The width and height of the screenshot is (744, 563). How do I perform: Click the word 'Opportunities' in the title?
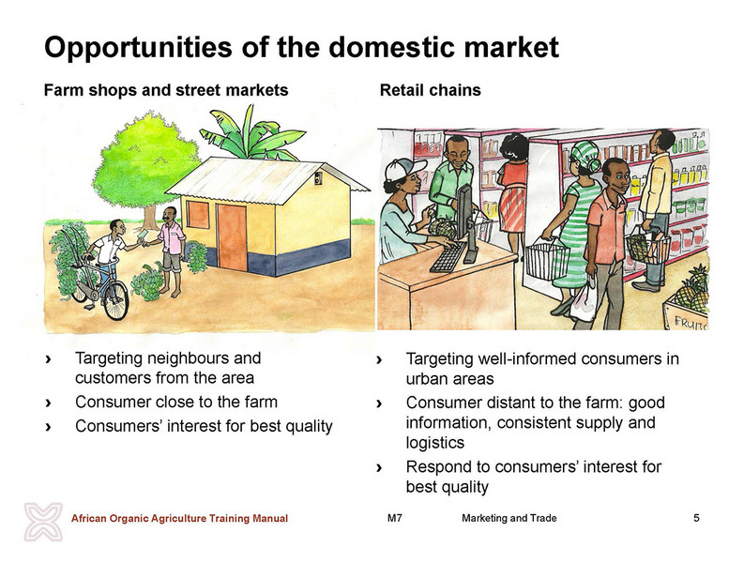point(138,48)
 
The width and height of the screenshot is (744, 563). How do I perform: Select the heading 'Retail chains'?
point(430,90)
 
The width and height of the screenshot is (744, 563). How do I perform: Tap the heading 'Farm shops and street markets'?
point(166,90)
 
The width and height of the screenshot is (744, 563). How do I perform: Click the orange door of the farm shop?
point(232,236)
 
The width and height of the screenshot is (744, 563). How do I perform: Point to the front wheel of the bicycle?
point(115,300)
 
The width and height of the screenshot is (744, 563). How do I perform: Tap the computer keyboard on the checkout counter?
point(447,257)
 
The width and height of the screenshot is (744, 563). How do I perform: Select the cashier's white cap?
point(403,168)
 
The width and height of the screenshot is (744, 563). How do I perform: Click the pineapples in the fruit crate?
point(692,290)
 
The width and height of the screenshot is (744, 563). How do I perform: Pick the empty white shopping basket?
point(547,261)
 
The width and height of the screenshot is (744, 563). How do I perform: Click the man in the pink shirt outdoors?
point(171,251)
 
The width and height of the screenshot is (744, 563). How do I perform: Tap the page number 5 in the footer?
point(696,518)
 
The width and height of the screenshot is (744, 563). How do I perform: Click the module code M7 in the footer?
point(394,518)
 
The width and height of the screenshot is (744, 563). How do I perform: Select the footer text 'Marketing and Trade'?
point(509,518)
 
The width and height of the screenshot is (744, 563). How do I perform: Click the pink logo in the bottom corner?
point(43,521)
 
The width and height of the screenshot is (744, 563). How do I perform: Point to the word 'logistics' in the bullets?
point(434,443)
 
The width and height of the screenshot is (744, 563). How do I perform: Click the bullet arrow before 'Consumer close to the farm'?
point(48,403)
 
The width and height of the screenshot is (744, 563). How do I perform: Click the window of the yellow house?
point(197,214)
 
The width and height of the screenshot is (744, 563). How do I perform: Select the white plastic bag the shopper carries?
point(583,301)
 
